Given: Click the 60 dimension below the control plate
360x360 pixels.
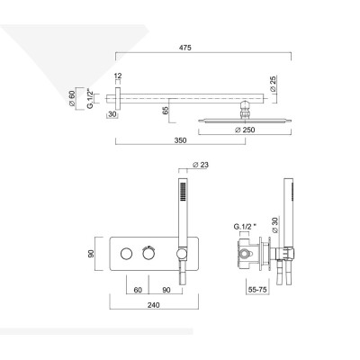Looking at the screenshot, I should [139, 290].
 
